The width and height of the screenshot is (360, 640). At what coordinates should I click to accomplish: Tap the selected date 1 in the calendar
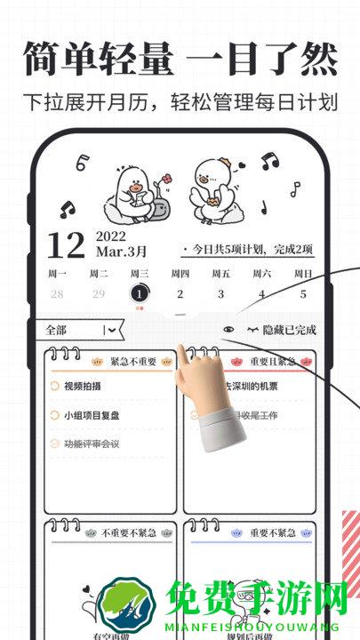pos(139,293)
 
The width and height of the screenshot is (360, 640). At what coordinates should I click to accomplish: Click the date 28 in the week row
pos(57,294)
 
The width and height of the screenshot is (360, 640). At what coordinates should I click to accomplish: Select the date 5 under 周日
pos(302,294)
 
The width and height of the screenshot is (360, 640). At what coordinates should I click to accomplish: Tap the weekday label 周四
pos(180,274)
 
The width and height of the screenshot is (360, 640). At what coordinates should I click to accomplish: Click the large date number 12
pos(66,244)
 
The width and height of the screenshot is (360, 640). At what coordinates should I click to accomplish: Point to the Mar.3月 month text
pos(122,252)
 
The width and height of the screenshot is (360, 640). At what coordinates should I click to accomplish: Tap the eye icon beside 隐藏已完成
pos(229,330)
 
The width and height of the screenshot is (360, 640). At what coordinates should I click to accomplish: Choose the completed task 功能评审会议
pos(92,444)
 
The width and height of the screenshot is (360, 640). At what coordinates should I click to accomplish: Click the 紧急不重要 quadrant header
pos(133,362)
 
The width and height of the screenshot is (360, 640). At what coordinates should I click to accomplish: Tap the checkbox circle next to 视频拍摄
pos(55,387)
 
